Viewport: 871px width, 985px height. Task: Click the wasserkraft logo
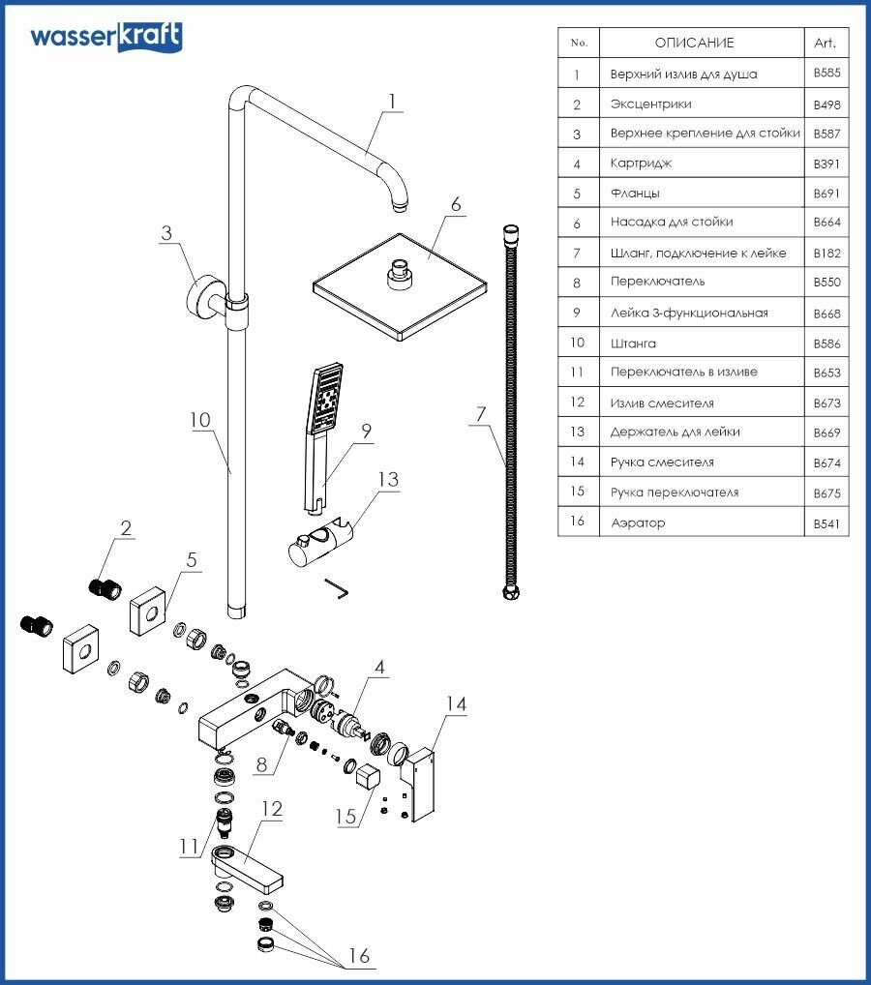[105, 37]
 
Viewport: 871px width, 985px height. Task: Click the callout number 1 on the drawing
[392, 100]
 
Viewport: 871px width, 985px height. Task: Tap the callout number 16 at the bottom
[358, 956]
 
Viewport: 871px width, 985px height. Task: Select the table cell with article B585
[825, 74]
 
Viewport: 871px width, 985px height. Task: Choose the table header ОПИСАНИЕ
[694, 43]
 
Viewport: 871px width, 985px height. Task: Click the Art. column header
[825, 43]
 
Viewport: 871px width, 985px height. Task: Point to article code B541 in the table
[825, 522]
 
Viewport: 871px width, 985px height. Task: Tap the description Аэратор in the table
[638, 522]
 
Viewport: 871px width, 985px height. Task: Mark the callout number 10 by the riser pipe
[200, 421]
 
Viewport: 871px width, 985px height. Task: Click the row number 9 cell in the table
[578, 313]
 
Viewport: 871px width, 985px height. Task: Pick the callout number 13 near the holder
[387, 480]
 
